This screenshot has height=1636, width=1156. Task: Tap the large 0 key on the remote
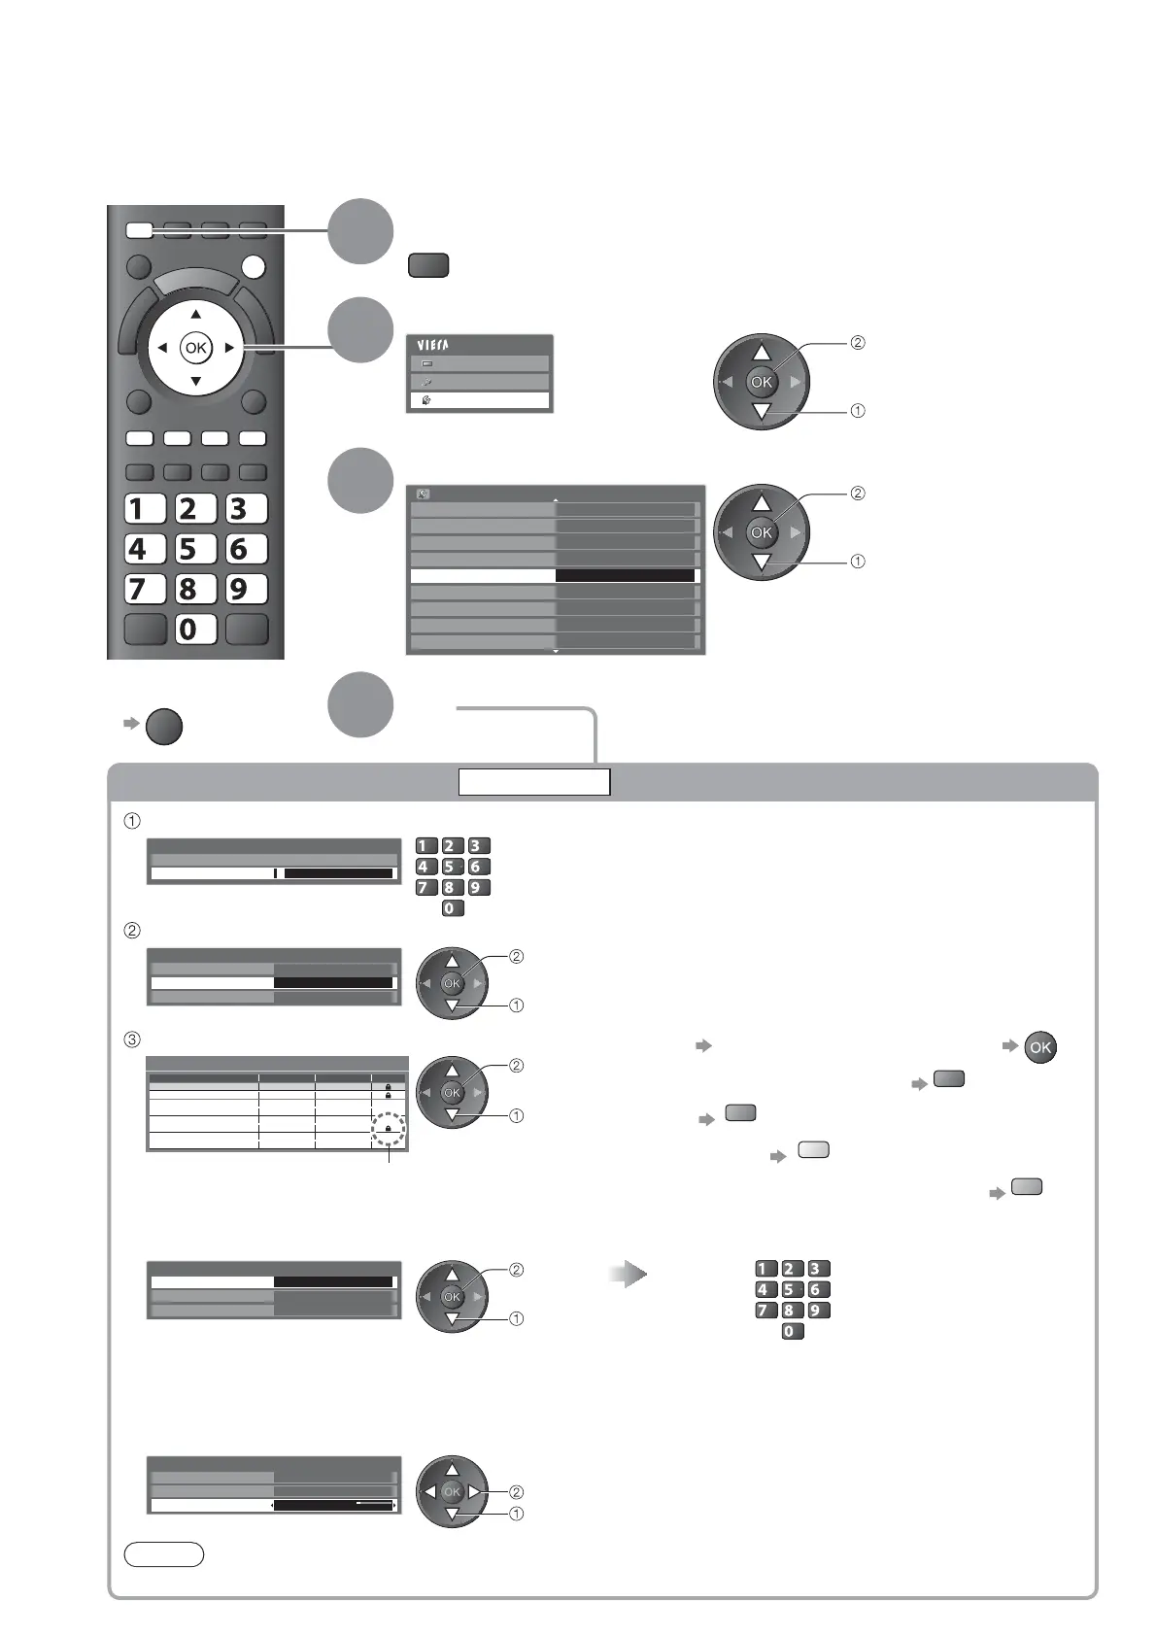click(195, 629)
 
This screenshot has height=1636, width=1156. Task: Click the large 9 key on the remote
click(247, 589)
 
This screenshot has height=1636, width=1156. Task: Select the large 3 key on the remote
click(247, 508)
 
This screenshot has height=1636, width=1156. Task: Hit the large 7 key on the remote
click(146, 589)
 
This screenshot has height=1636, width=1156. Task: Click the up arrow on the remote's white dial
click(195, 315)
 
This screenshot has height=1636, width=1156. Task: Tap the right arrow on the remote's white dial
click(229, 348)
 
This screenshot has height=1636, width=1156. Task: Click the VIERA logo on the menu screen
click(433, 345)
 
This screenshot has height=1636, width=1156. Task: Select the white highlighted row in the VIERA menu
click(479, 400)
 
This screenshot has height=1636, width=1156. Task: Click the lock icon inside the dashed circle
click(388, 1129)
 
